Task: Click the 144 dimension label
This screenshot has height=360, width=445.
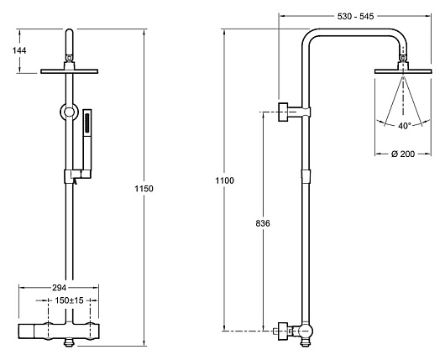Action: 19,50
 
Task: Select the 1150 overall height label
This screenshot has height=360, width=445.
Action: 144,188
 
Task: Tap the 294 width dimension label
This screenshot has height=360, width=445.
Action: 59,288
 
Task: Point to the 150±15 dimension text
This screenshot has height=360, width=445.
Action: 69,300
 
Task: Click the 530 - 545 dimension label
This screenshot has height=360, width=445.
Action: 355,17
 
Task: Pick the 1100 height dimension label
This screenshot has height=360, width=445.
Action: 224,180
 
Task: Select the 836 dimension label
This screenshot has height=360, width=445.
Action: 263,223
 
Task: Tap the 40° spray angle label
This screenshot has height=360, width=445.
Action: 404,126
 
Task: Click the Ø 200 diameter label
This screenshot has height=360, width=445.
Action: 403,154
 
